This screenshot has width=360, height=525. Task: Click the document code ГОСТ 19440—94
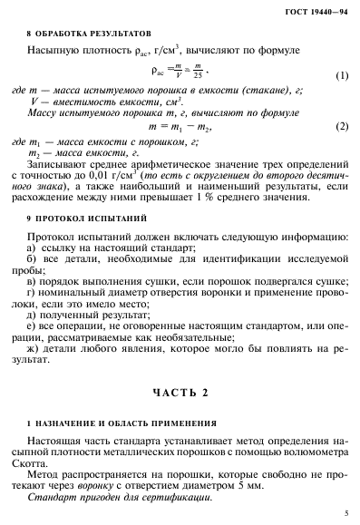(x=317, y=10)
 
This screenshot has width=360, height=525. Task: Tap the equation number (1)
(x=341, y=75)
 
